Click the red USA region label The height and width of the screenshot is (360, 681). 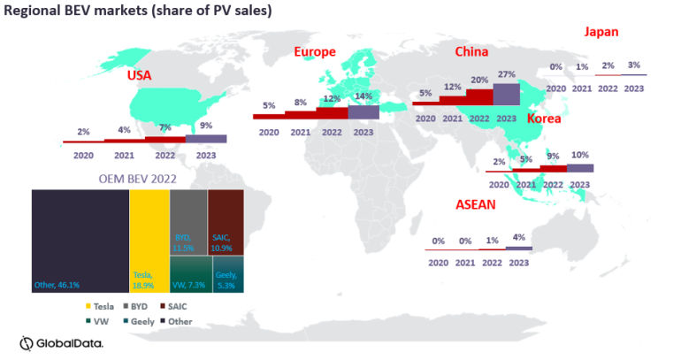[139, 76]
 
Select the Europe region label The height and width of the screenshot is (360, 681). [315, 52]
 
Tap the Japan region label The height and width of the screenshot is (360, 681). [601, 32]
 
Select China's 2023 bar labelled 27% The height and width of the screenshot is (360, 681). [506, 93]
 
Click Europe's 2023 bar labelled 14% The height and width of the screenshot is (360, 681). [363, 111]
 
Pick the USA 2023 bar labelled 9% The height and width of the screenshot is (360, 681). [205, 138]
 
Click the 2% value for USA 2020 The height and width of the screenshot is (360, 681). [83, 131]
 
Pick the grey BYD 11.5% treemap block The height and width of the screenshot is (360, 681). [187, 222]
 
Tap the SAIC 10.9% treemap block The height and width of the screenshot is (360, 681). [226, 222]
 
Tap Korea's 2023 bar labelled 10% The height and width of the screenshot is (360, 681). [580, 168]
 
